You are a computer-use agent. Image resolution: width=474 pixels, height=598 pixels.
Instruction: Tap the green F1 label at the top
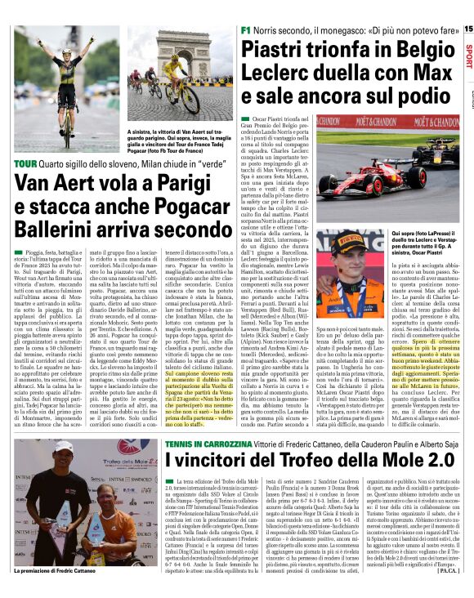click(246, 29)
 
